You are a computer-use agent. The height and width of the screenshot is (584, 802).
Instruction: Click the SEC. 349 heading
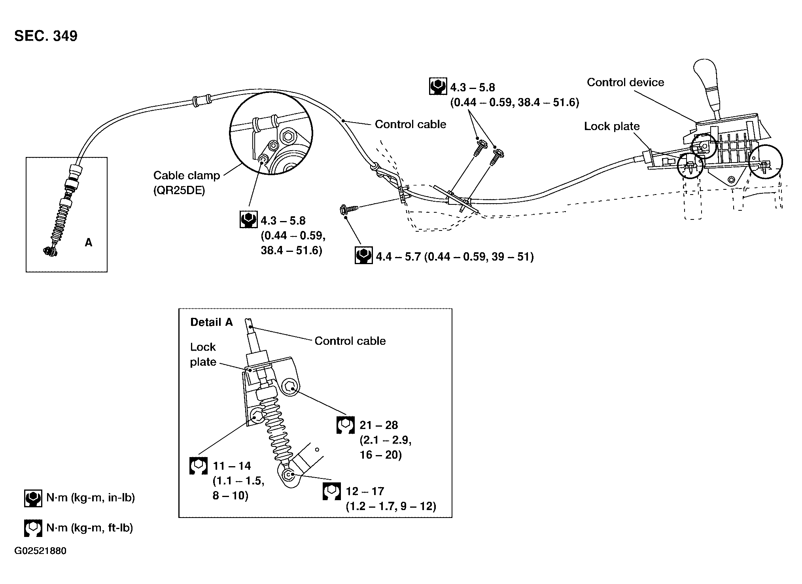pos(46,36)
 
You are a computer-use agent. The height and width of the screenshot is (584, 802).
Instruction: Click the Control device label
pos(625,82)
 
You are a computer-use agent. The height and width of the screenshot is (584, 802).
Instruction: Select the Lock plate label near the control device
pos(612,126)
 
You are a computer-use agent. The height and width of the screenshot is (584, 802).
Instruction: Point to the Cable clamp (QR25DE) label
pos(187,183)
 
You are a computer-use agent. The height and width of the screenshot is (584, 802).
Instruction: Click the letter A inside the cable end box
pos(89,242)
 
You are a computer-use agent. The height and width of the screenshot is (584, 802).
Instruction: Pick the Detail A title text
pos(212,322)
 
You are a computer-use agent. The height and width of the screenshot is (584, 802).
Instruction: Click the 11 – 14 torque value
pos(232,466)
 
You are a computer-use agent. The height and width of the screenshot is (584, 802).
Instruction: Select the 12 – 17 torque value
pos(365,491)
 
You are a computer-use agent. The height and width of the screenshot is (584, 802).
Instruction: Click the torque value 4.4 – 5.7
pos(399,257)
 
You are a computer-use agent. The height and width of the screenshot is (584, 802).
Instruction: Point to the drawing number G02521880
pos(40,551)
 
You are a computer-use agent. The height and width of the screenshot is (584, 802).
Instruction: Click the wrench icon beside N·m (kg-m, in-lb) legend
pos(33,498)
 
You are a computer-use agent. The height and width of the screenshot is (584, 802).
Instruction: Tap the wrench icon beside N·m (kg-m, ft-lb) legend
pos(33,528)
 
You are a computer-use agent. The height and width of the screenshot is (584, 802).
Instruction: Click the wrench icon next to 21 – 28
pos(345,425)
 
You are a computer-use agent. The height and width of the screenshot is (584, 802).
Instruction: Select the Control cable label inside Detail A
pos(350,341)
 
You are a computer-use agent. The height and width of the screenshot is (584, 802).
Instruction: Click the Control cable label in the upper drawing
pos(410,124)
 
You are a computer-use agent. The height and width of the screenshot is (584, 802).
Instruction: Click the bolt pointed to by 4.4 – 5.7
pos(349,210)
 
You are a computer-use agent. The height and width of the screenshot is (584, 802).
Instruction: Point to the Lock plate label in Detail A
pos(203,354)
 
